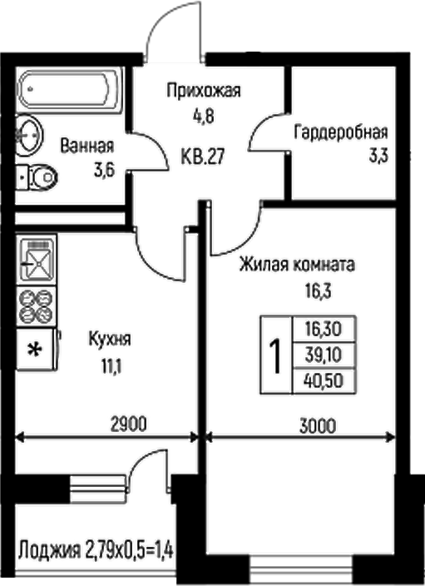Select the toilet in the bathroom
coord(37,176)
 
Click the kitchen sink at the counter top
coord(36,261)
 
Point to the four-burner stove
coord(36,304)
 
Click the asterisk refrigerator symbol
coord(35,349)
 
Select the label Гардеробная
coord(340,132)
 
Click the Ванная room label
coord(86,146)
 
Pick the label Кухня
coord(109,340)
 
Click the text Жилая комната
coord(297,266)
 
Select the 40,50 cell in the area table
coord(324,381)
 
